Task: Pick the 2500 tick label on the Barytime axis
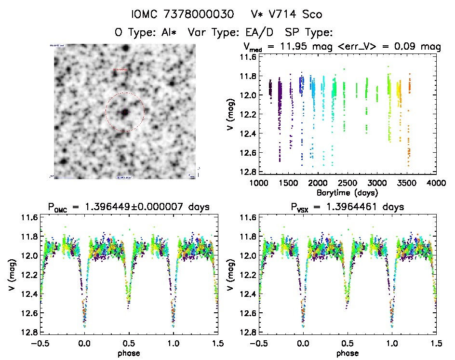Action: click(347, 183)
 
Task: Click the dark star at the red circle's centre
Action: click(125, 112)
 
